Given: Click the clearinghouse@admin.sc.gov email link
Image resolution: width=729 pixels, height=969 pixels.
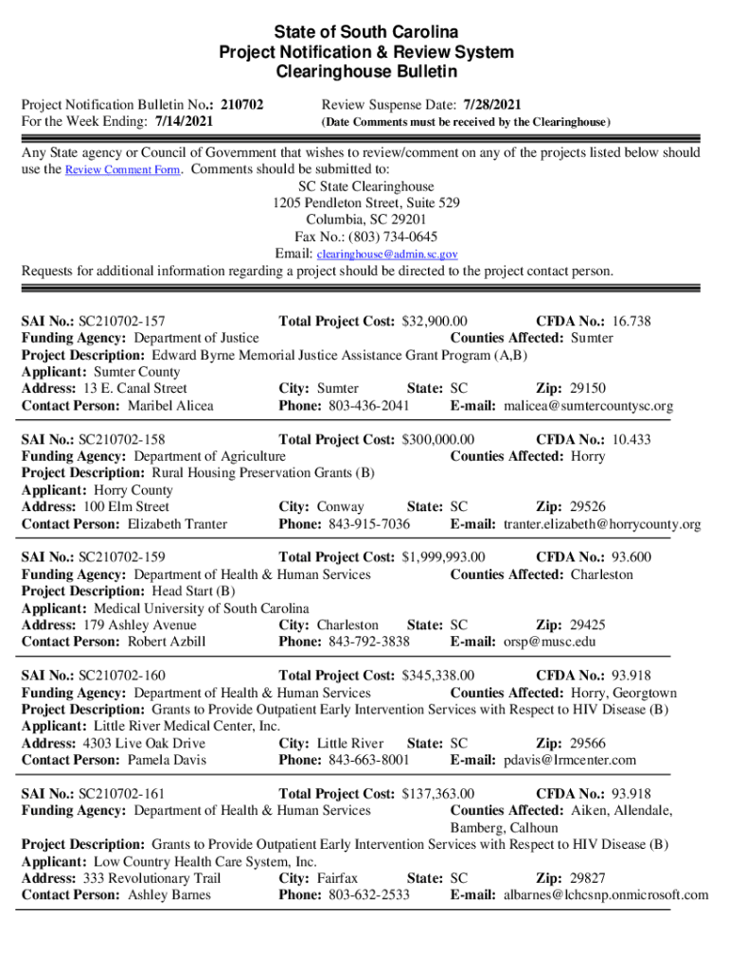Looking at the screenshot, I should (387, 255).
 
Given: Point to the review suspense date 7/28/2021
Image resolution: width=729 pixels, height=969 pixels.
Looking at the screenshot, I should (491, 104).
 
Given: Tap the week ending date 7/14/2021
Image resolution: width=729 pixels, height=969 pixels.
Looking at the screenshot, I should (184, 121).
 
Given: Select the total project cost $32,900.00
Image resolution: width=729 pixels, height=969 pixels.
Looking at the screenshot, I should (438, 322).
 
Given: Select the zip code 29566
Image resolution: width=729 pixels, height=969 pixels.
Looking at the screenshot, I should (588, 743).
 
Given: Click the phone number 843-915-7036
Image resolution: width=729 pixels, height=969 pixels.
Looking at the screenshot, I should (369, 524).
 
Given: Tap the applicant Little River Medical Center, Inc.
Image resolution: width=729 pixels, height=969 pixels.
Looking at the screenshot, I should (187, 726).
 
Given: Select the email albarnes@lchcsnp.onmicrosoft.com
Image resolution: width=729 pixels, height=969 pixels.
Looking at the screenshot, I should (606, 895).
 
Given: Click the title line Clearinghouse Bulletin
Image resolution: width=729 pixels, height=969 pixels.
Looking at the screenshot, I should (365, 72).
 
